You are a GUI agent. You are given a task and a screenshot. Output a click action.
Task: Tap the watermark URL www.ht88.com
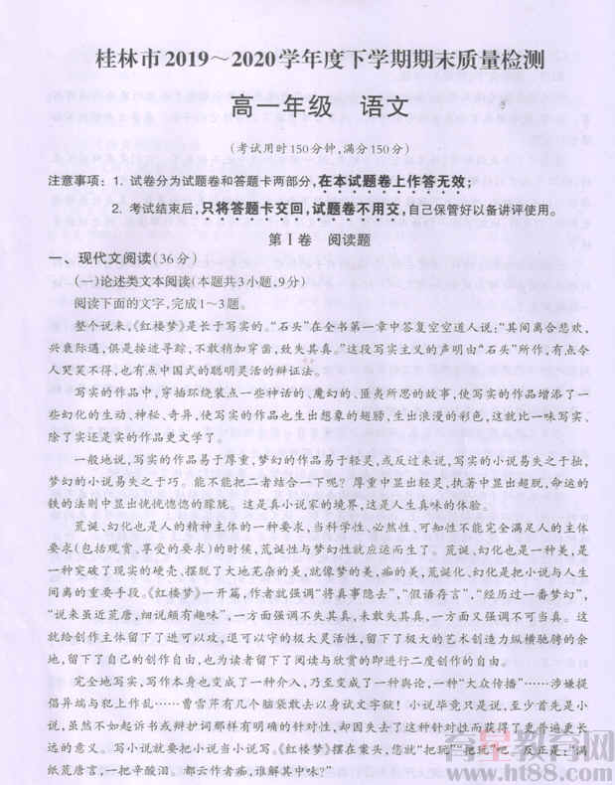[536, 770]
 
